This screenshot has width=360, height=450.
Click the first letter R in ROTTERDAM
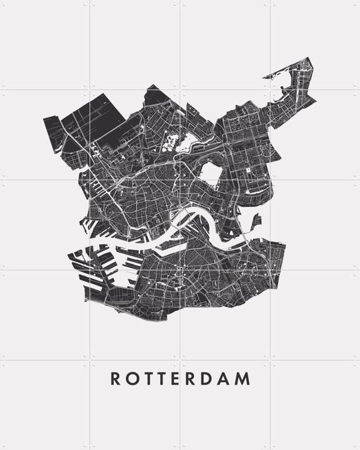point(116,379)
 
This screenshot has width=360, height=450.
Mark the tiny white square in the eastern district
point(249,169)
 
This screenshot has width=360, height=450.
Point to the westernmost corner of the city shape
point(43,119)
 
